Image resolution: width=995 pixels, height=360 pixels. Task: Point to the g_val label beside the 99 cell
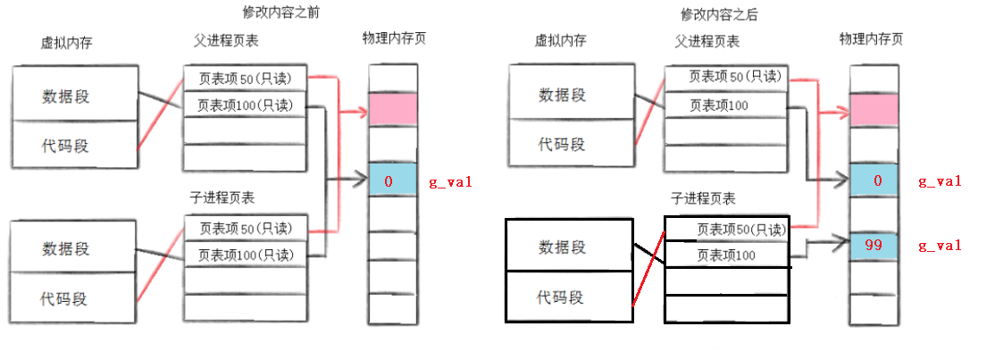coord(940,245)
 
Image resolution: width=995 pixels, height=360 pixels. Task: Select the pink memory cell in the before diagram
coord(393,110)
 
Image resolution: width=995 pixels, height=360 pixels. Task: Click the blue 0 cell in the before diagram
coord(393,181)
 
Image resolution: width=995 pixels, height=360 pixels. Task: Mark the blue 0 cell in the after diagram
coord(875,181)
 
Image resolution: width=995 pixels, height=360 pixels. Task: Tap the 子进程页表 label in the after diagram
coord(701,197)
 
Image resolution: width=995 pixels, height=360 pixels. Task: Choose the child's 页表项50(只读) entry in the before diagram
coord(246,227)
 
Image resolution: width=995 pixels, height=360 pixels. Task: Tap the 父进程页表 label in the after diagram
coord(708,41)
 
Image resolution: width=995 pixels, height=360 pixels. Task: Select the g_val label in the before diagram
coord(451,182)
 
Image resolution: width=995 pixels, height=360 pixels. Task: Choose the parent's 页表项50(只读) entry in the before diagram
coord(246,78)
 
